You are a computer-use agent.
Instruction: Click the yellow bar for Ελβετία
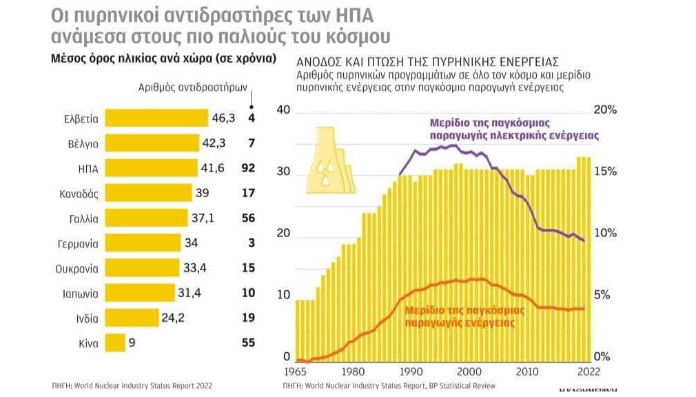156,119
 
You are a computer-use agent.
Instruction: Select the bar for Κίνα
115,343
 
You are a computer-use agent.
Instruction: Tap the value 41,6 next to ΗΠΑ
218,168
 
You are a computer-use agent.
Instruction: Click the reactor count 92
248,168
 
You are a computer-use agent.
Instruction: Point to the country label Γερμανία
77,243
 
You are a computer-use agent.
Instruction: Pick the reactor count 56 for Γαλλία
248,218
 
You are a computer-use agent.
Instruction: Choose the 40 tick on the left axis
283,110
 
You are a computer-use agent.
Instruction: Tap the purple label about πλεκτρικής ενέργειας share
513,129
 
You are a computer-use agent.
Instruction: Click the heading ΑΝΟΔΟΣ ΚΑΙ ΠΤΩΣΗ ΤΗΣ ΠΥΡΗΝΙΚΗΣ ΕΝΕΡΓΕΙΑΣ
427,60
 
